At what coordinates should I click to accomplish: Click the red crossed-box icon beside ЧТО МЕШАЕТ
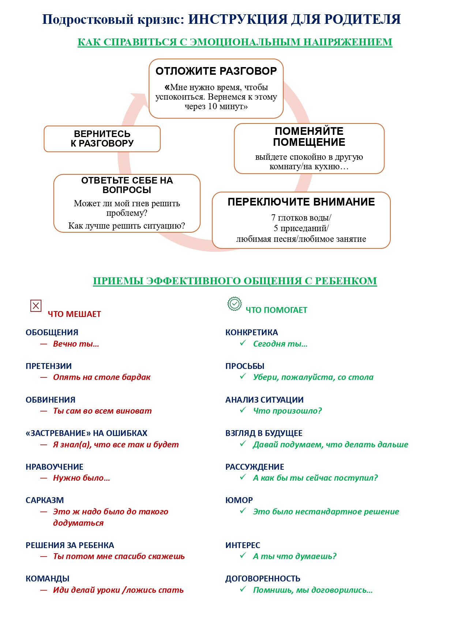click(x=36, y=306)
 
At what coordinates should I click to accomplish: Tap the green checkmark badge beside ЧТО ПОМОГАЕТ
click(x=234, y=304)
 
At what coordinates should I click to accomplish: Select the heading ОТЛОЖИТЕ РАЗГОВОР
click(x=216, y=71)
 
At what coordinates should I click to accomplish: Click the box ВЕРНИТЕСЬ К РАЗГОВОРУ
click(x=102, y=139)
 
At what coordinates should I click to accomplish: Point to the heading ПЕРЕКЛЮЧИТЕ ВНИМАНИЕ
click(x=301, y=202)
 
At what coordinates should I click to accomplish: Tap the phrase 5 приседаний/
click(x=301, y=228)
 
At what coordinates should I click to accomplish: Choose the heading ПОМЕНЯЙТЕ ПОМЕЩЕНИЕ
click(x=309, y=137)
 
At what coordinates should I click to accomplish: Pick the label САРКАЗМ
click(x=45, y=500)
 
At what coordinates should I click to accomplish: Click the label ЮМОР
click(x=239, y=500)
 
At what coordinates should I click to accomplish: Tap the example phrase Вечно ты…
click(x=76, y=344)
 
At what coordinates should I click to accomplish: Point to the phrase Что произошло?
click(x=288, y=411)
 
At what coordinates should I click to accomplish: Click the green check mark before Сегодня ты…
click(x=243, y=343)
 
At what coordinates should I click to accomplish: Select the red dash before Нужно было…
click(x=44, y=478)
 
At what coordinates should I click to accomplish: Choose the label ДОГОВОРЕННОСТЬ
click(x=263, y=579)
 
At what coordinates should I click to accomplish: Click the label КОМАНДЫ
click(x=48, y=579)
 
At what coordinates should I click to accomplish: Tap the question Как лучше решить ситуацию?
click(x=127, y=226)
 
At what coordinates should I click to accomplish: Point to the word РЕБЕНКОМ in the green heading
click(x=346, y=281)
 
